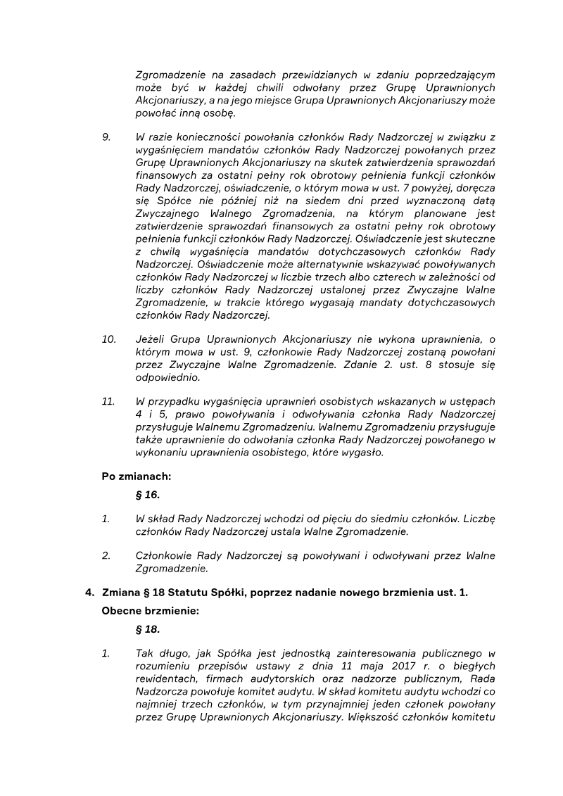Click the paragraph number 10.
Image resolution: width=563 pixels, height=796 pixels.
[109, 339]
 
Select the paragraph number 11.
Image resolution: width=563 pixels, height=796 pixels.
[108, 402]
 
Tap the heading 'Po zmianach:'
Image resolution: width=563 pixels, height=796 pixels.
[137, 476]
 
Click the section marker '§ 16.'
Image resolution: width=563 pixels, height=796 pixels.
[148, 495]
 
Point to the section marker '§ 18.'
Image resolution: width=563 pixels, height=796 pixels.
[148, 629]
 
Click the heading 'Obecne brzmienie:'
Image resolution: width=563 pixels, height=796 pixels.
[151, 611]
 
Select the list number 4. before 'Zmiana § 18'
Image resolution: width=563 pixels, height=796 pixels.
[90, 593]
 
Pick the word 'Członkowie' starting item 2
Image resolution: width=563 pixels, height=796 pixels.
[162, 556]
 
